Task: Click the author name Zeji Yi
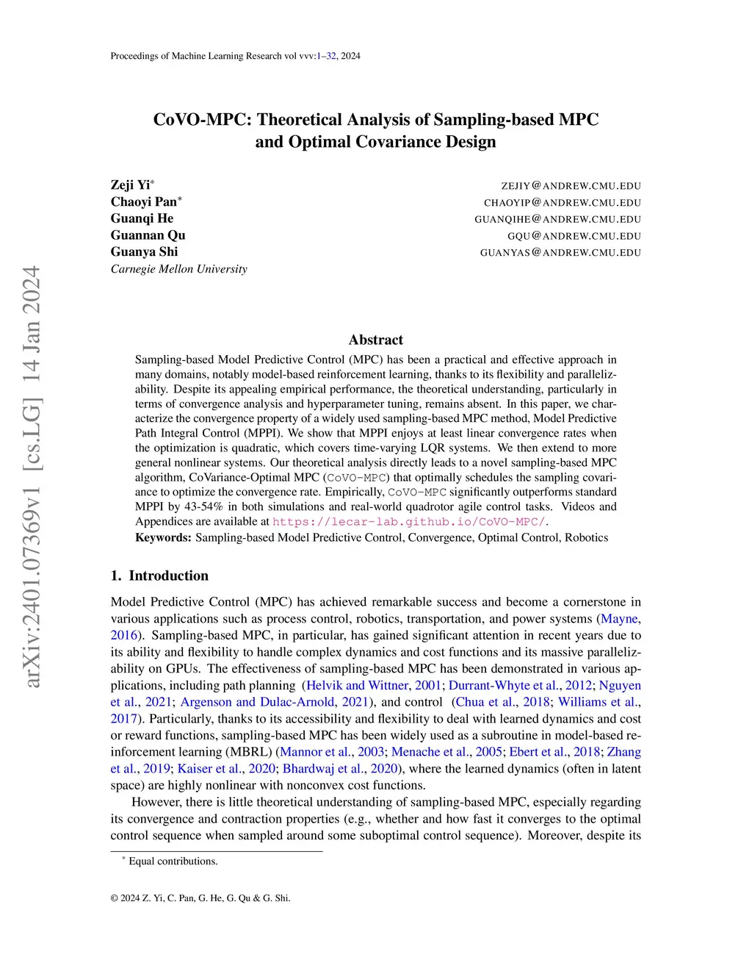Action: (130, 185)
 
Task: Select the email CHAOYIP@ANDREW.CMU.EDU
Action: (562, 203)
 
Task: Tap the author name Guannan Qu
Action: (148, 235)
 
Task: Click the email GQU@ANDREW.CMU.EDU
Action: (574, 236)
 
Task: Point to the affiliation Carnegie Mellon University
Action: (178, 269)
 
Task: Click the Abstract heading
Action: (375, 340)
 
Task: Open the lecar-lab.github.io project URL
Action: (409, 522)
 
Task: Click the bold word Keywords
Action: (163, 537)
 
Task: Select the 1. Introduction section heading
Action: (159, 576)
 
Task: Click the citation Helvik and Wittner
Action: (357, 685)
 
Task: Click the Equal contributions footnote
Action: (173, 862)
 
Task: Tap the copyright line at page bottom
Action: (200, 898)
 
